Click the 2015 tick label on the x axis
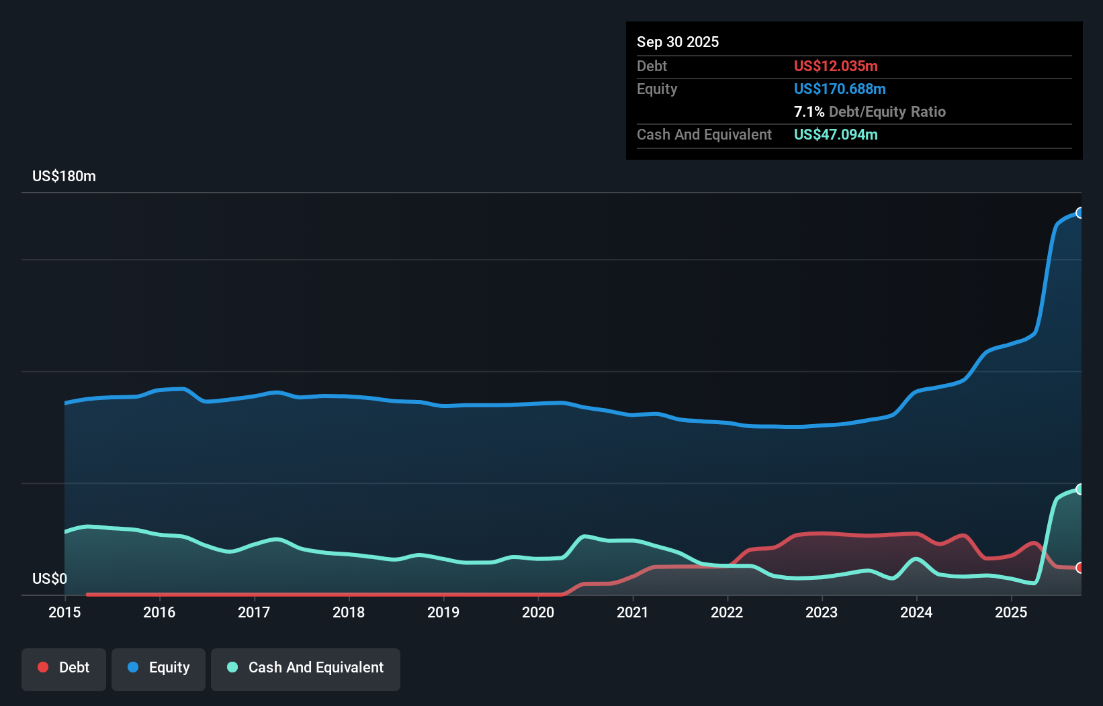pyautogui.click(x=64, y=612)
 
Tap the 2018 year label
pyautogui.click(x=349, y=612)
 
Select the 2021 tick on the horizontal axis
pyautogui.click(x=633, y=612)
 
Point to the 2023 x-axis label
pyautogui.click(x=822, y=612)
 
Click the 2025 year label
pyautogui.click(x=1011, y=612)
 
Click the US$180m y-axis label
pyautogui.click(x=64, y=176)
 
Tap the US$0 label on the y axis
pyautogui.click(x=50, y=578)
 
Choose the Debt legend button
pyautogui.click(x=64, y=667)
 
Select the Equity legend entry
pyautogui.click(x=159, y=667)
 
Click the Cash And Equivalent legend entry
pyautogui.click(x=306, y=667)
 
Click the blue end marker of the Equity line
pyautogui.click(x=1080, y=213)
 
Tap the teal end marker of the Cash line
pyautogui.click(x=1080, y=489)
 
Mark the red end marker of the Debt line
pyautogui.click(x=1080, y=568)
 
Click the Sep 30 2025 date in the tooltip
pyautogui.click(x=677, y=42)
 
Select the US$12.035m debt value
pyautogui.click(x=836, y=66)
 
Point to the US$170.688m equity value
pyautogui.click(x=840, y=89)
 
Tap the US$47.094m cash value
pyautogui.click(x=836, y=134)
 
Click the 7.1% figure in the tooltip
pyautogui.click(x=809, y=111)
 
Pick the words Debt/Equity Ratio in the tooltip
pyautogui.click(x=887, y=111)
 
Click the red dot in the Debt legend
pyautogui.click(x=43, y=667)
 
